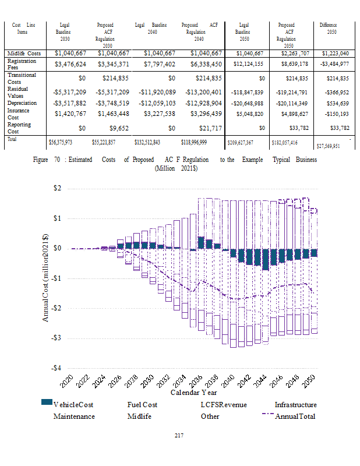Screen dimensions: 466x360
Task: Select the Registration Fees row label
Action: tap(22, 63)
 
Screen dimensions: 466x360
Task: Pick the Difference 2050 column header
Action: tap(328, 29)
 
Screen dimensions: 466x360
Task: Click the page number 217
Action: tap(179, 436)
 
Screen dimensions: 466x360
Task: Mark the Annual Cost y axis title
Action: tap(46, 277)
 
